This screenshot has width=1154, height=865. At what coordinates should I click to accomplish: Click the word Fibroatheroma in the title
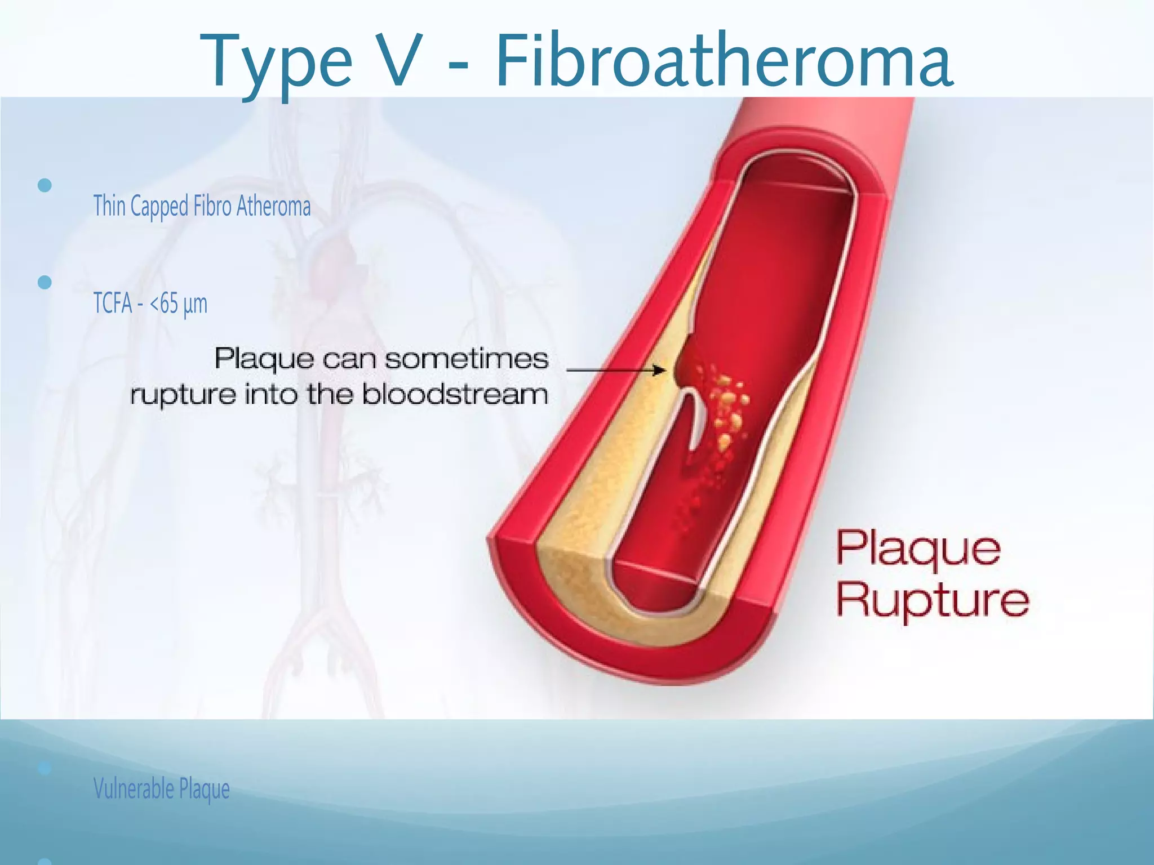coord(724,61)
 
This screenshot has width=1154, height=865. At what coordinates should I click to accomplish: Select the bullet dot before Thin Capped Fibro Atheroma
coord(45,185)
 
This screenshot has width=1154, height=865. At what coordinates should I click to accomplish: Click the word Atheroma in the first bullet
coord(273,206)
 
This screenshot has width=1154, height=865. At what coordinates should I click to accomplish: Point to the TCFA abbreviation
coord(113,304)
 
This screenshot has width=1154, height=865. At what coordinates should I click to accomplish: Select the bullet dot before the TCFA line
coord(45,282)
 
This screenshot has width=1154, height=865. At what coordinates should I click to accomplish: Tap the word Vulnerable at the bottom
coord(134,788)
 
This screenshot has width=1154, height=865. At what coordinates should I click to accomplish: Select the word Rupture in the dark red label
coord(932,600)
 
